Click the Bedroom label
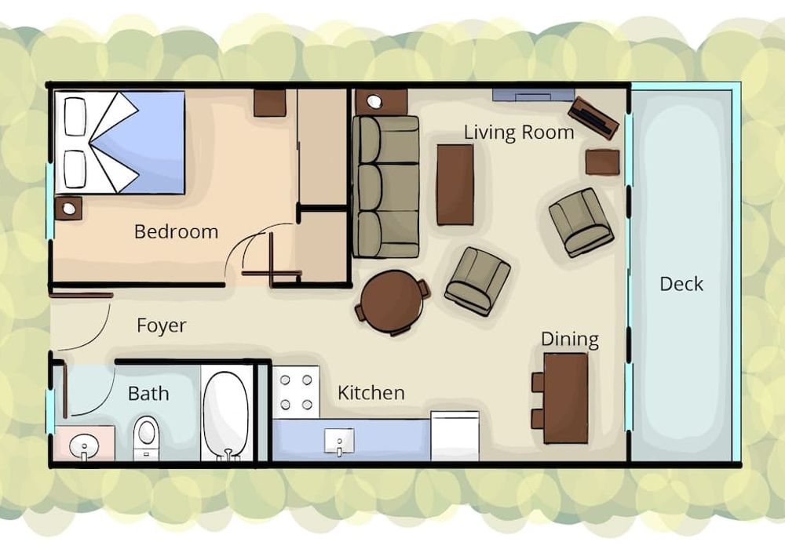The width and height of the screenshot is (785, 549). (x=176, y=232)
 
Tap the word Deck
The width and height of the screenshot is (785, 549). (x=681, y=284)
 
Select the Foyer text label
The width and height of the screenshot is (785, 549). (x=161, y=326)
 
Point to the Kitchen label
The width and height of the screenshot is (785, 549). (x=371, y=393)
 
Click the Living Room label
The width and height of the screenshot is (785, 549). (x=519, y=133)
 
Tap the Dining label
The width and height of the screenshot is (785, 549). (x=570, y=340)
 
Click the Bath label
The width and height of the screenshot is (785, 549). (x=148, y=394)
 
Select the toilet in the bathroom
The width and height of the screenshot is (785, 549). (x=146, y=438)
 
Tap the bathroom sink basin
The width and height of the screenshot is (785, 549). (x=84, y=444)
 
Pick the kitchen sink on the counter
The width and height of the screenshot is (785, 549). (x=339, y=441)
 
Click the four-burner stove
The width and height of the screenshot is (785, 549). (x=296, y=392)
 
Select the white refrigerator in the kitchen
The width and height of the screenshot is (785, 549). (x=455, y=435)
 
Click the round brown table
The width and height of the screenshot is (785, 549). (x=392, y=301)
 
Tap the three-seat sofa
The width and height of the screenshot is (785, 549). (x=386, y=187)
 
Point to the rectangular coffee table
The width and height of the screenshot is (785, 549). (x=455, y=184)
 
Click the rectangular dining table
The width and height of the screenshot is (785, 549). (x=565, y=398)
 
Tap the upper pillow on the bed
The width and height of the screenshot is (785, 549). (x=75, y=117)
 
